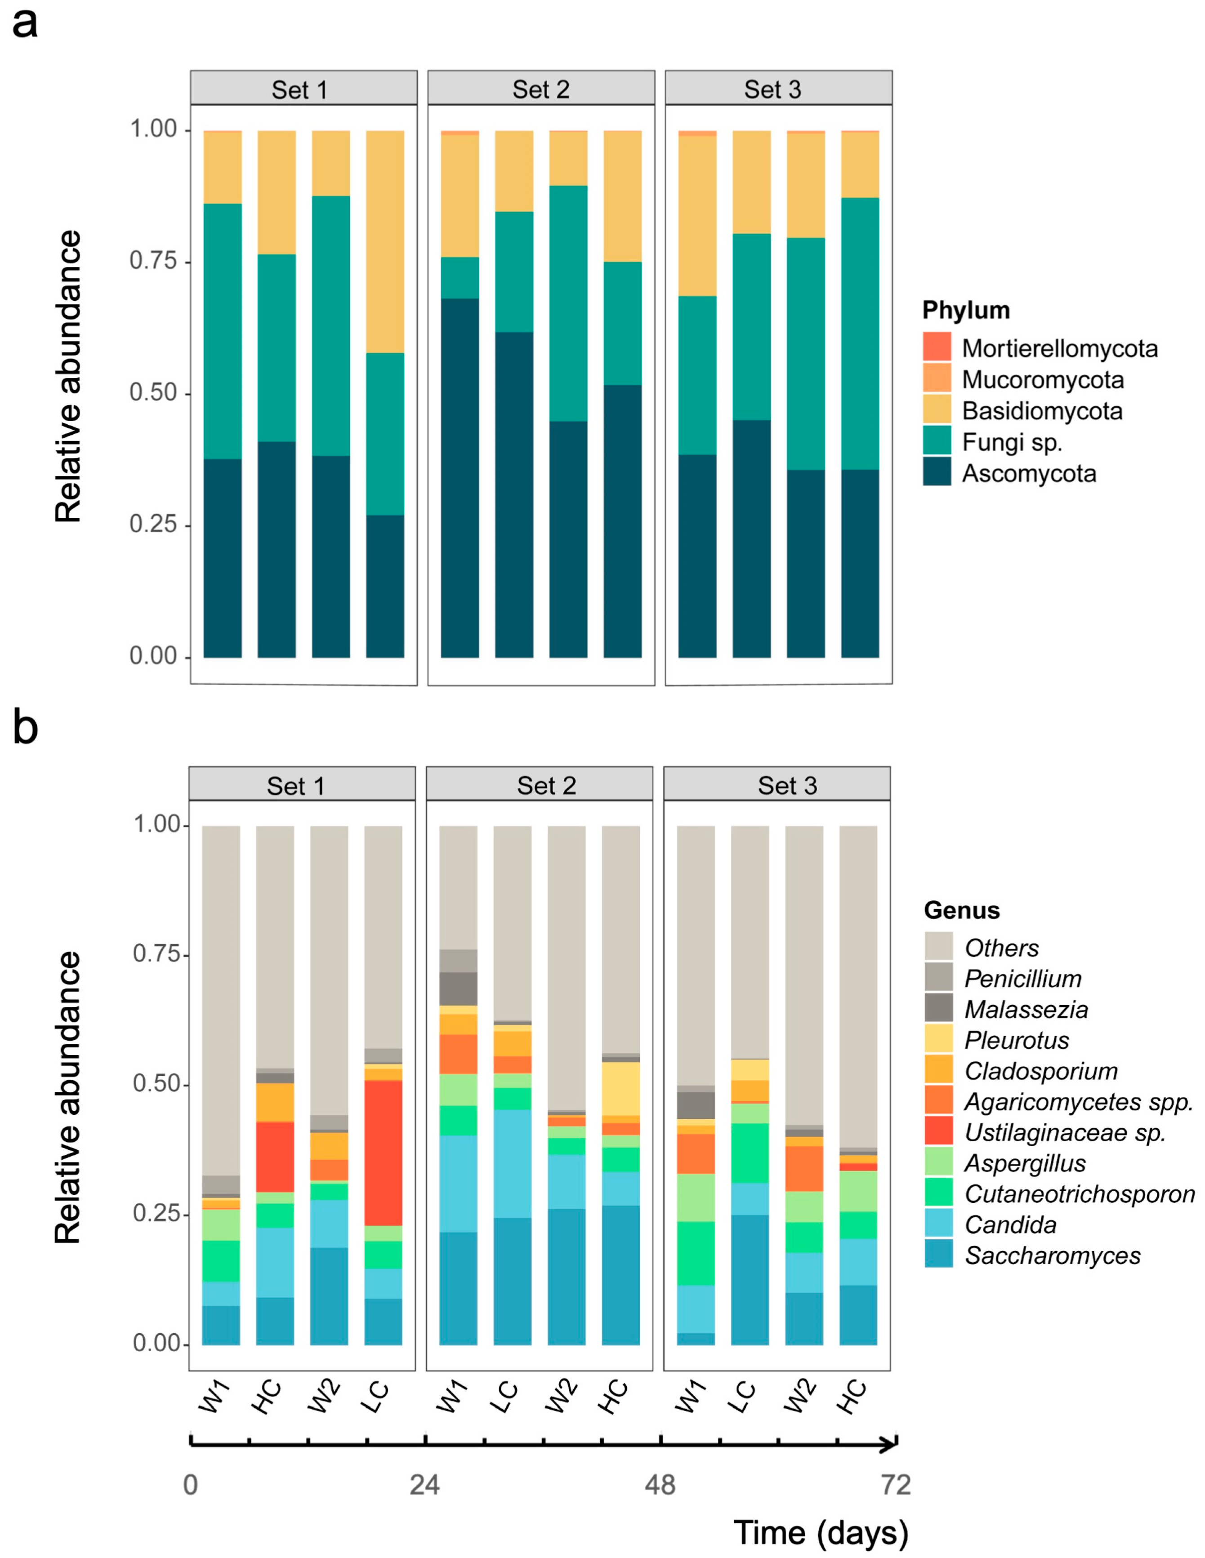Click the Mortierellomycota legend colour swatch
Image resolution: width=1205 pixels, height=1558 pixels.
tap(936, 347)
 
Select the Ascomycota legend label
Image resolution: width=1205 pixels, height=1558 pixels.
tap(1029, 474)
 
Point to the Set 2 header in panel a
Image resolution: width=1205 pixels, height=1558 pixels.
tap(541, 89)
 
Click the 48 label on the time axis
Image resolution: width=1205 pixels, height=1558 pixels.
tap(660, 1485)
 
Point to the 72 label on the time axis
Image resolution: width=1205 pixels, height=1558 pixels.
tap(895, 1485)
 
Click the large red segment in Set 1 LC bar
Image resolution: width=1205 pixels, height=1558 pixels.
tap(383, 1153)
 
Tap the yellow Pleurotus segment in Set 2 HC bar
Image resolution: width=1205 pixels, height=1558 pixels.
tap(620, 1089)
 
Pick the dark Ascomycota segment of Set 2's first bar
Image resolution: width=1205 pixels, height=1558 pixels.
tap(460, 478)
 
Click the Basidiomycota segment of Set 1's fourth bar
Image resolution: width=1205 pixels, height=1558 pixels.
tap(385, 242)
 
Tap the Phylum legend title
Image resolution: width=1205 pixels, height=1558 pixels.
tap(966, 310)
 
